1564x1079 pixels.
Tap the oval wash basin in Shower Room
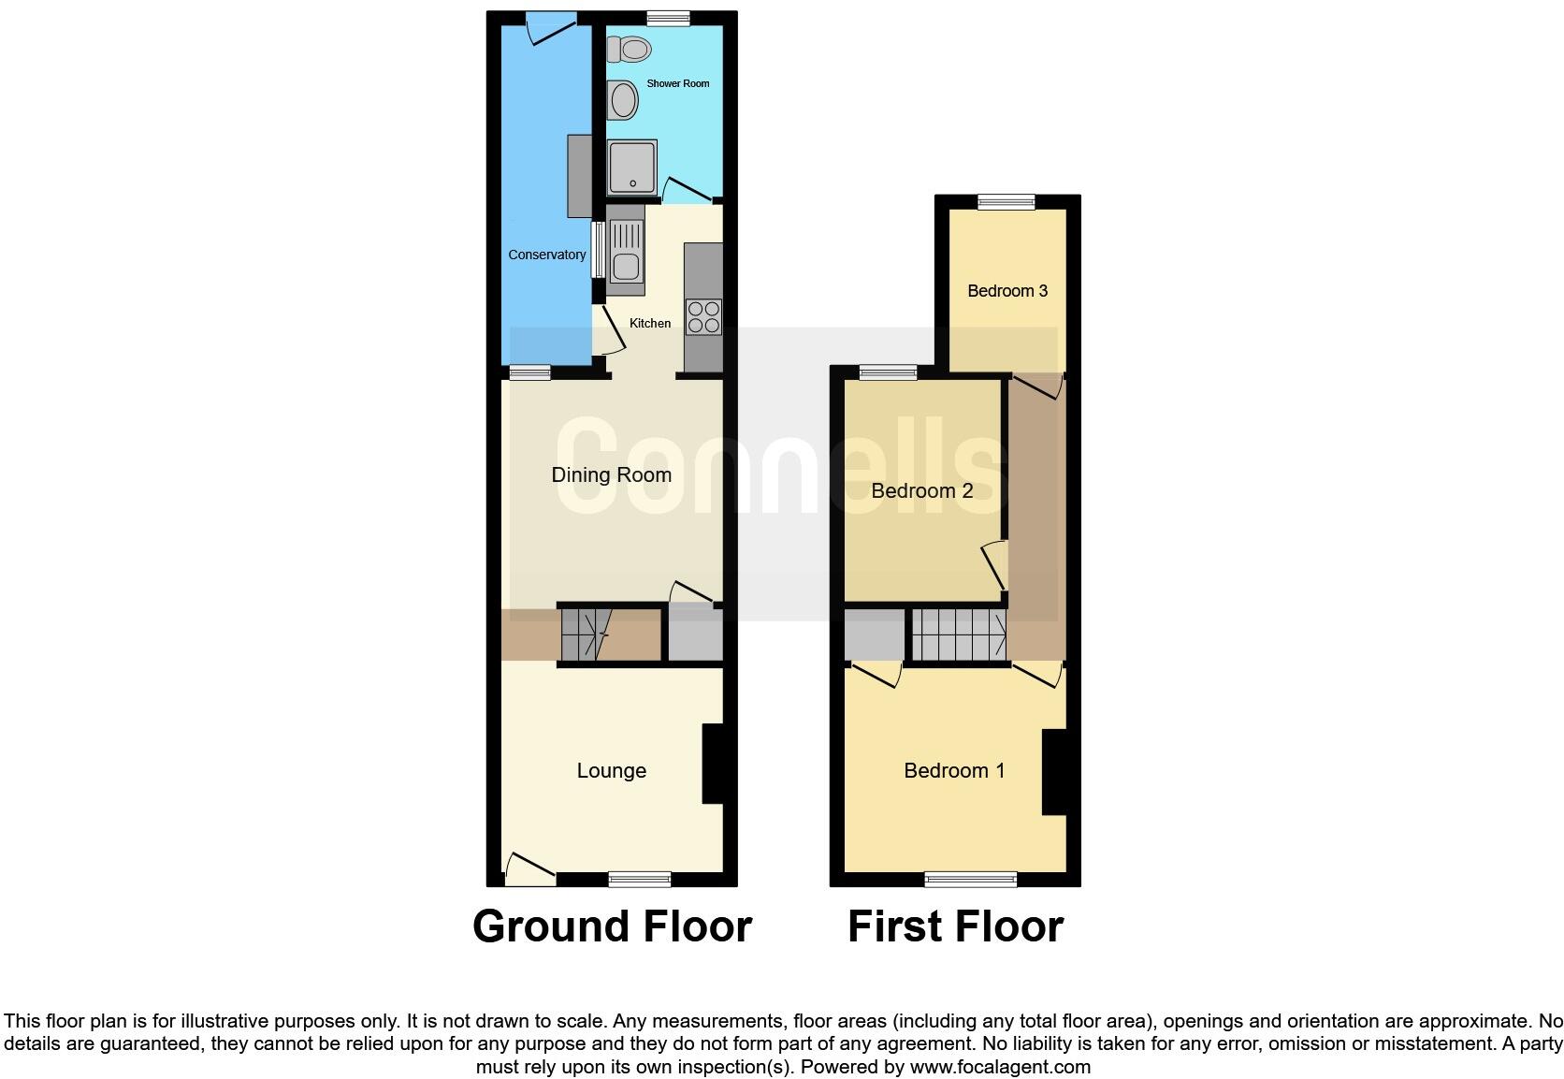(x=624, y=100)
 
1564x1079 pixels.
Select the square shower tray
(x=632, y=168)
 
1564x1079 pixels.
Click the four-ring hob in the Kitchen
(x=703, y=316)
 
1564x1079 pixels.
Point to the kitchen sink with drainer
(x=626, y=249)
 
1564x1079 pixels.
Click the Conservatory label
(x=547, y=255)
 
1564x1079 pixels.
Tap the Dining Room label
(x=611, y=474)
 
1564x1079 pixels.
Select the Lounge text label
(x=611, y=770)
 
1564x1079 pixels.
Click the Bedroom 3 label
(x=1006, y=291)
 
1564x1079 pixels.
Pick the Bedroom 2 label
(x=921, y=490)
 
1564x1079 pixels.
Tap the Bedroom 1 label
(x=954, y=770)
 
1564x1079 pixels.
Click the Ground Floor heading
(x=612, y=926)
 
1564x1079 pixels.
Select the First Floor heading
(x=955, y=926)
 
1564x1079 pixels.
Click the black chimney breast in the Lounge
(x=713, y=764)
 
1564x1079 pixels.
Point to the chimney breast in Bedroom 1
(x=1054, y=772)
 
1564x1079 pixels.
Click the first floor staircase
(x=959, y=634)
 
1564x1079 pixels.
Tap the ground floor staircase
(x=586, y=634)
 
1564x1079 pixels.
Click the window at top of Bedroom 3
(x=1006, y=200)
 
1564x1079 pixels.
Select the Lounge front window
(x=639, y=878)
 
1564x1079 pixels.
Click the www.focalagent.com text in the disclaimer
(x=1000, y=1067)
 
